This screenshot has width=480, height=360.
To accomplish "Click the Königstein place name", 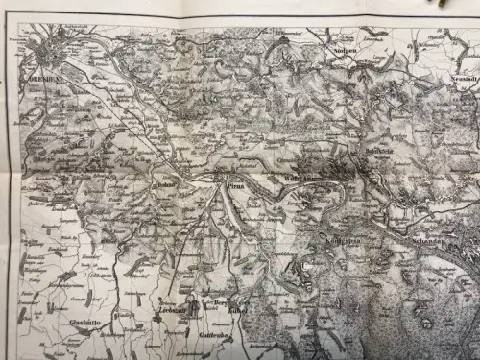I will tap(341, 230).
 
